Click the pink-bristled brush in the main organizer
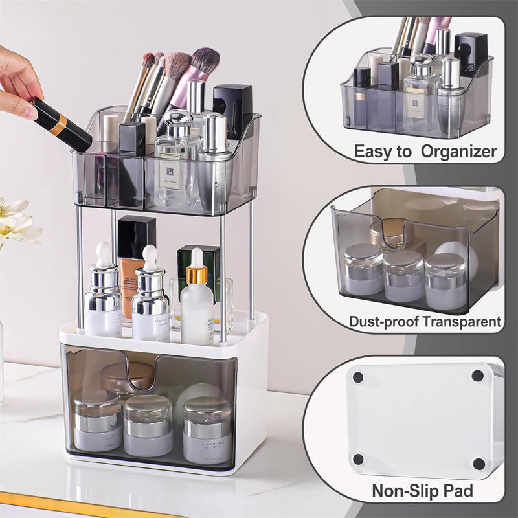tap(202, 65)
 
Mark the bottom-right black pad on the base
tap(479, 464)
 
